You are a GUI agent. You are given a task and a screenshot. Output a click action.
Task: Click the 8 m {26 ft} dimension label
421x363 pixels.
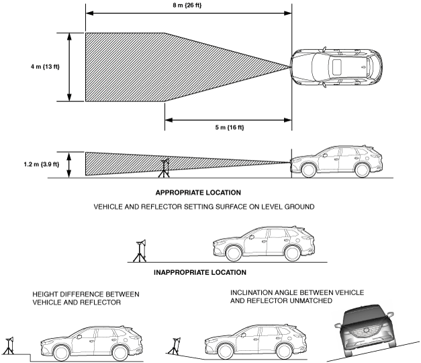tap(187, 5)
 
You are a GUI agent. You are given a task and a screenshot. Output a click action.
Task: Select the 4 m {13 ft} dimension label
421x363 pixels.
tap(45, 67)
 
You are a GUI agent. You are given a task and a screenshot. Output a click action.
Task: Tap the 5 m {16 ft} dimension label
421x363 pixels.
tap(230, 127)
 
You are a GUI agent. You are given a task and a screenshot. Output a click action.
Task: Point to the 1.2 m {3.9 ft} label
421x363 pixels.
tap(42, 164)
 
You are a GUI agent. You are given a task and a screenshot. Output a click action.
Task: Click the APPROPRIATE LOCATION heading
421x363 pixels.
tap(198, 192)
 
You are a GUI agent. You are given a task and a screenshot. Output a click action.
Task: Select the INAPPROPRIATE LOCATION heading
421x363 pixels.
tap(200, 272)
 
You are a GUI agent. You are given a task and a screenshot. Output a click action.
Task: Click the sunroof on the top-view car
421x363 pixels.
tap(337, 67)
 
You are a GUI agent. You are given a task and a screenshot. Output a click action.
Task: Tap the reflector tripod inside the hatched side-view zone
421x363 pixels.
tap(165, 168)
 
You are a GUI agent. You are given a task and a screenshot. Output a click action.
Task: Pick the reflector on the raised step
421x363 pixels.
tap(9, 346)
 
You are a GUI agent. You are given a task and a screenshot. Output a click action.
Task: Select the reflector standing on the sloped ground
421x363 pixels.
tap(175, 346)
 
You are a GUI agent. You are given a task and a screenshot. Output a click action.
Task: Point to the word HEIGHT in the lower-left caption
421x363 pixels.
tap(43, 294)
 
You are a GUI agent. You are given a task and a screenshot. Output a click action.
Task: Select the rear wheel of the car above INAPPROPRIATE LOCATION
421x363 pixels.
tap(292, 254)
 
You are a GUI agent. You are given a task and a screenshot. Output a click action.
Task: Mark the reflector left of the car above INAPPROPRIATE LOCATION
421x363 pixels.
tap(140, 251)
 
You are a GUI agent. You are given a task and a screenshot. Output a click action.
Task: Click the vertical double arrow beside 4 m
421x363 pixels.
tap(69, 67)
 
